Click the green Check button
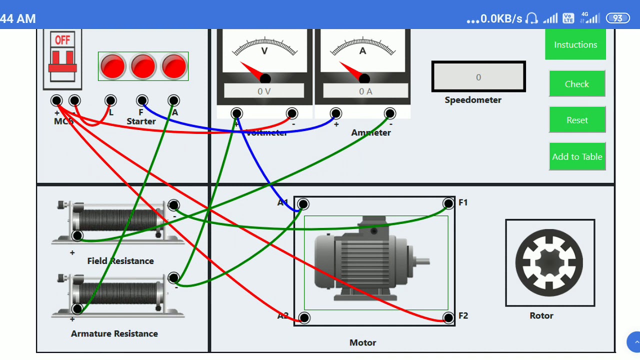tap(577, 84)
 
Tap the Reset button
tap(577, 120)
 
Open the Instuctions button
tap(575, 44)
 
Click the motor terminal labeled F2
tap(448, 317)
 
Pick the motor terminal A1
tap(303, 204)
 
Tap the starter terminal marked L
tap(110, 100)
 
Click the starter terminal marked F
tap(142, 100)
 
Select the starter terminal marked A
tap(173, 100)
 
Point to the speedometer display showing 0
tap(478, 77)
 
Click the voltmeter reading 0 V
tap(264, 91)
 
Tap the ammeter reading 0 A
tap(365, 91)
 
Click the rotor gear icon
tap(549, 262)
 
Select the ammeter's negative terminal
tap(390, 113)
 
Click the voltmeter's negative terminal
tap(292, 113)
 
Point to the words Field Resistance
tap(120, 261)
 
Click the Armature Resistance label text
tap(114, 333)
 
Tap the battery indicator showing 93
tap(617, 18)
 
